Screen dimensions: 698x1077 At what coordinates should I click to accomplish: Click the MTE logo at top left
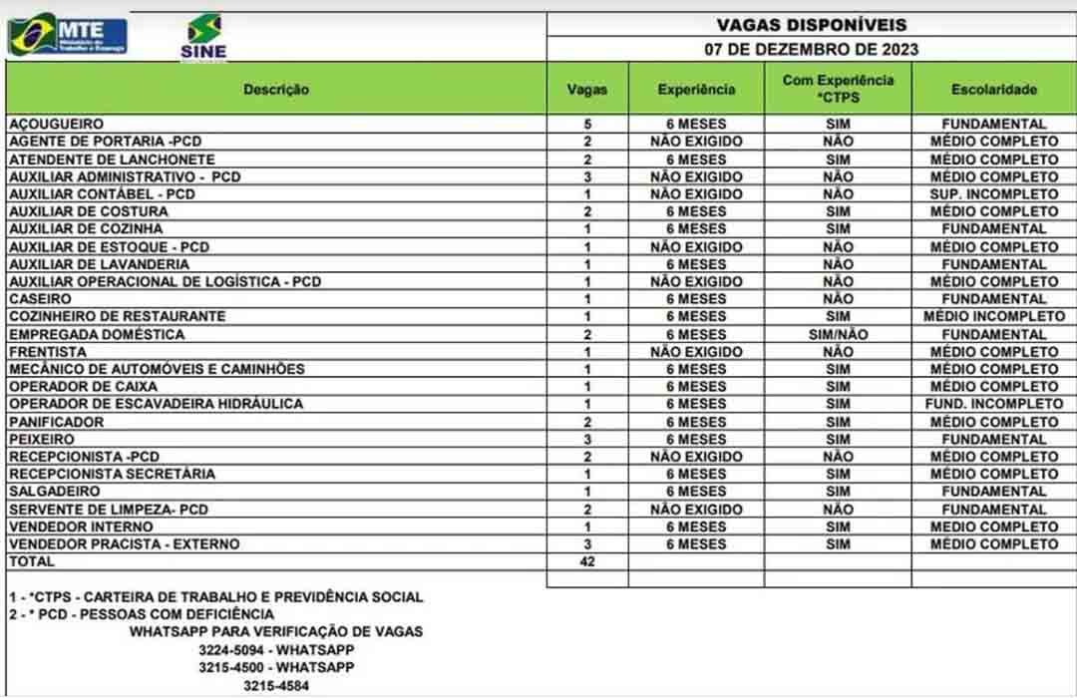(68, 35)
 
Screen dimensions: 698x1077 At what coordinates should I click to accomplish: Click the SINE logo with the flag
(203, 37)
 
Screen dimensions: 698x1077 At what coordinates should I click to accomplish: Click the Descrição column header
(276, 89)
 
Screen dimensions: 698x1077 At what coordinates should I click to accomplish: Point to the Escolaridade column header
(993, 89)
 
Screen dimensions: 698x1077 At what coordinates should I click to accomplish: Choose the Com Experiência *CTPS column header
(838, 89)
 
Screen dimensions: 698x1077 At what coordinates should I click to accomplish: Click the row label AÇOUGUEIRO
(56, 125)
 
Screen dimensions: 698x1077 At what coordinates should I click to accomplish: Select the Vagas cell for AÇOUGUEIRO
(587, 125)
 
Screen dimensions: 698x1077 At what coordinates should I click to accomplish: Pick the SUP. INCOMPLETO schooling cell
(993, 194)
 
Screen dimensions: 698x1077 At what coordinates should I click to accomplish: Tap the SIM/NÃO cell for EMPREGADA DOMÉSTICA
(838, 334)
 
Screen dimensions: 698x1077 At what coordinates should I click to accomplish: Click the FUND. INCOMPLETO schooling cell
(993, 404)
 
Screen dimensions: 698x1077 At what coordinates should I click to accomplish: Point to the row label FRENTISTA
(47, 352)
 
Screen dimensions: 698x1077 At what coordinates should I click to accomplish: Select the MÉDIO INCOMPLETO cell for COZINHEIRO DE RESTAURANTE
(993, 316)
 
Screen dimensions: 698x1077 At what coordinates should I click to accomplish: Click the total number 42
(587, 562)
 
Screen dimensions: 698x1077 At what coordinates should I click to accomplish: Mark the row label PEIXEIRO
(42, 439)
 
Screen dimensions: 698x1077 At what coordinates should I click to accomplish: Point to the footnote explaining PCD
(141, 614)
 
